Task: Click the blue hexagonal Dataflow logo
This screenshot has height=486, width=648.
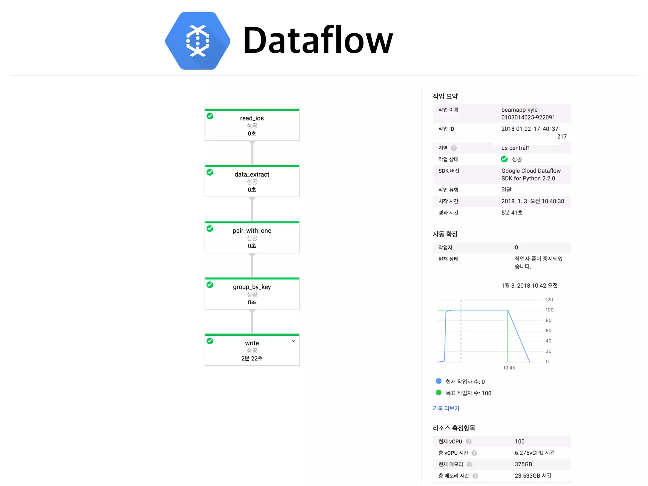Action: click(x=198, y=41)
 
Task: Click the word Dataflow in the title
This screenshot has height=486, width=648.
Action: click(x=318, y=40)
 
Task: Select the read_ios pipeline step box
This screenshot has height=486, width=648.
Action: click(x=252, y=125)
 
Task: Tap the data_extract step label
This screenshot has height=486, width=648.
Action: click(x=252, y=174)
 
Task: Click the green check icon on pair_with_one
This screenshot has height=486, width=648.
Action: click(x=210, y=228)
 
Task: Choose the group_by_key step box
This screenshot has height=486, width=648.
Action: click(x=252, y=294)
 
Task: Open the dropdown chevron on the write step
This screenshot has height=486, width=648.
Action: click(x=293, y=341)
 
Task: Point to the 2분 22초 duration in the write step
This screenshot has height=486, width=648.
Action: click(x=252, y=358)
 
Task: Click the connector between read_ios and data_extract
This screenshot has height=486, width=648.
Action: click(x=252, y=153)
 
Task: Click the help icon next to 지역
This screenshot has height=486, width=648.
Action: click(x=454, y=148)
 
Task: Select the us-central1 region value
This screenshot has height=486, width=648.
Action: click(x=515, y=148)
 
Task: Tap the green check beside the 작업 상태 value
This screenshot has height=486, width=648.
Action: click(x=504, y=159)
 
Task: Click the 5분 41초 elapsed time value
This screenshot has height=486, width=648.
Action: click(x=512, y=213)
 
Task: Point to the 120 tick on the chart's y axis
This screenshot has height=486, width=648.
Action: click(x=549, y=300)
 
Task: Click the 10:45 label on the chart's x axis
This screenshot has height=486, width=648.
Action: click(x=509, y=368)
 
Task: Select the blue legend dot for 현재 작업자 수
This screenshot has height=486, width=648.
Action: click(x=439, y=381)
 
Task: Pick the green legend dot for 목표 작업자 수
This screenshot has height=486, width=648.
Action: click(x=439, y=393)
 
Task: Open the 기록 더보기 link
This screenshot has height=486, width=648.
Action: click(x=446, y=408)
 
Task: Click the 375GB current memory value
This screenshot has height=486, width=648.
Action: click(x=523, y=464)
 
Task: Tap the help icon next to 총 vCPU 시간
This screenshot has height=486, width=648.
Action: click(x=474, y=453)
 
